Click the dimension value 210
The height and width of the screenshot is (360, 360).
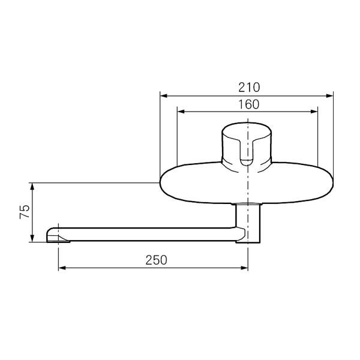coord(249,88)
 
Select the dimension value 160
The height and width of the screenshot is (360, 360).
coord(249,104)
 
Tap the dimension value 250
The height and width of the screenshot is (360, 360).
coord(156,260)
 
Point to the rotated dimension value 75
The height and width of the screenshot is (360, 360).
coord(25,211)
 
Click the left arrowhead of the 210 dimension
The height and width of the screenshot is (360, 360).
coord(163,96)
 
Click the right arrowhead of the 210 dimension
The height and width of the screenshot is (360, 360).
coord(329,96)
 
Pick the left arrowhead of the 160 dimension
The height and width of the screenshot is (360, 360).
coord(181,112)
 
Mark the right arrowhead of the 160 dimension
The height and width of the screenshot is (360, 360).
coord(314,112)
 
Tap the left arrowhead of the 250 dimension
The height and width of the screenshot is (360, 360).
coord(62,268)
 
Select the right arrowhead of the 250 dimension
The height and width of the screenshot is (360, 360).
coord(244,268)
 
